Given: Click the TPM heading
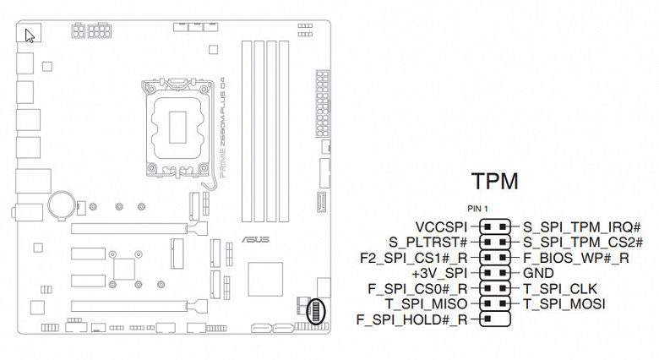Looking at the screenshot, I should click(x=494, y=183).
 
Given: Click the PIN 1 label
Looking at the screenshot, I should click(x=478, y=209).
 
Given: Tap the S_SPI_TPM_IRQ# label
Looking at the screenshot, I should click(x=581, y=227).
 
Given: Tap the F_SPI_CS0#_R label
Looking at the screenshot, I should click(x=417, y=288).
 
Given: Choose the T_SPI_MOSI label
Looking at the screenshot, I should click(x=564, y=303).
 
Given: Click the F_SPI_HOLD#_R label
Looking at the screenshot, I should click(x=411, y=319).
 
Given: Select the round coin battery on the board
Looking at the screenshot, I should click(x=62, y=203).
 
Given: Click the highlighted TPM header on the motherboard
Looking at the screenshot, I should click(x=317, y=311).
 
